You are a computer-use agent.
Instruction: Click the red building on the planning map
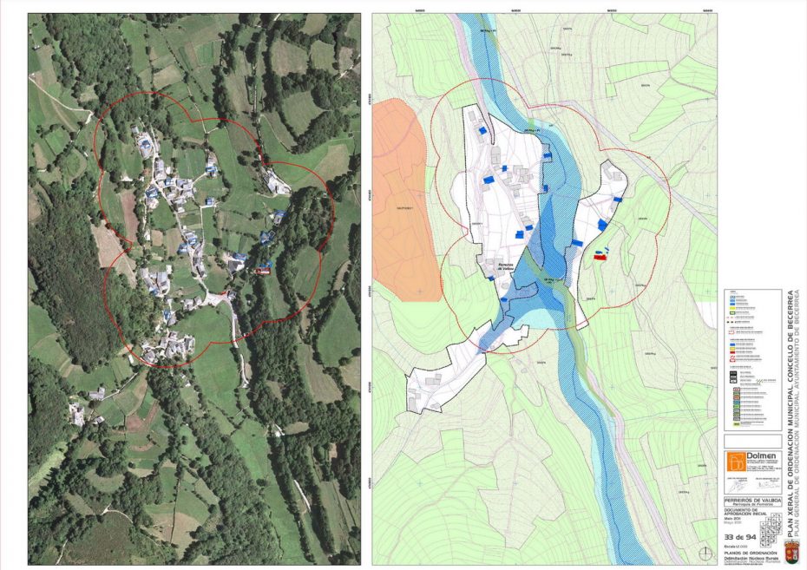click(599, 257)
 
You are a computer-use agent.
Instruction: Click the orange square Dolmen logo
click(734, 462)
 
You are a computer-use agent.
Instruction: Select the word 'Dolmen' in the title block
click(762, 455)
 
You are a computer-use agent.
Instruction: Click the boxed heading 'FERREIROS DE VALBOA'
click(752, 501)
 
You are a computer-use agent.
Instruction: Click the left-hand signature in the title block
click(738, 484)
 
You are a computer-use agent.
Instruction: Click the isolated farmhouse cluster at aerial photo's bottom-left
click(78, 415)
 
